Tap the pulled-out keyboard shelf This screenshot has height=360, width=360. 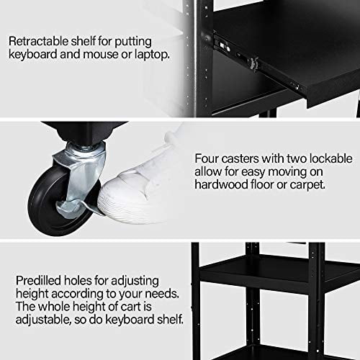[302, 90]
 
